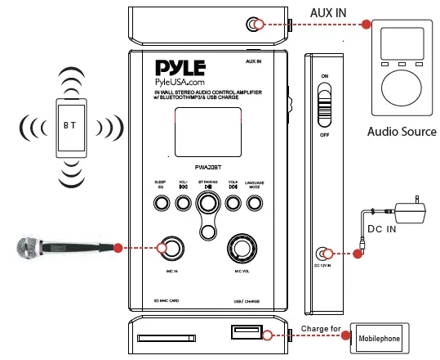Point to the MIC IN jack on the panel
click(x=171, y=247)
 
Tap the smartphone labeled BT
click(x=73, y=127)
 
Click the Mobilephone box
click(x=382, y=336)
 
